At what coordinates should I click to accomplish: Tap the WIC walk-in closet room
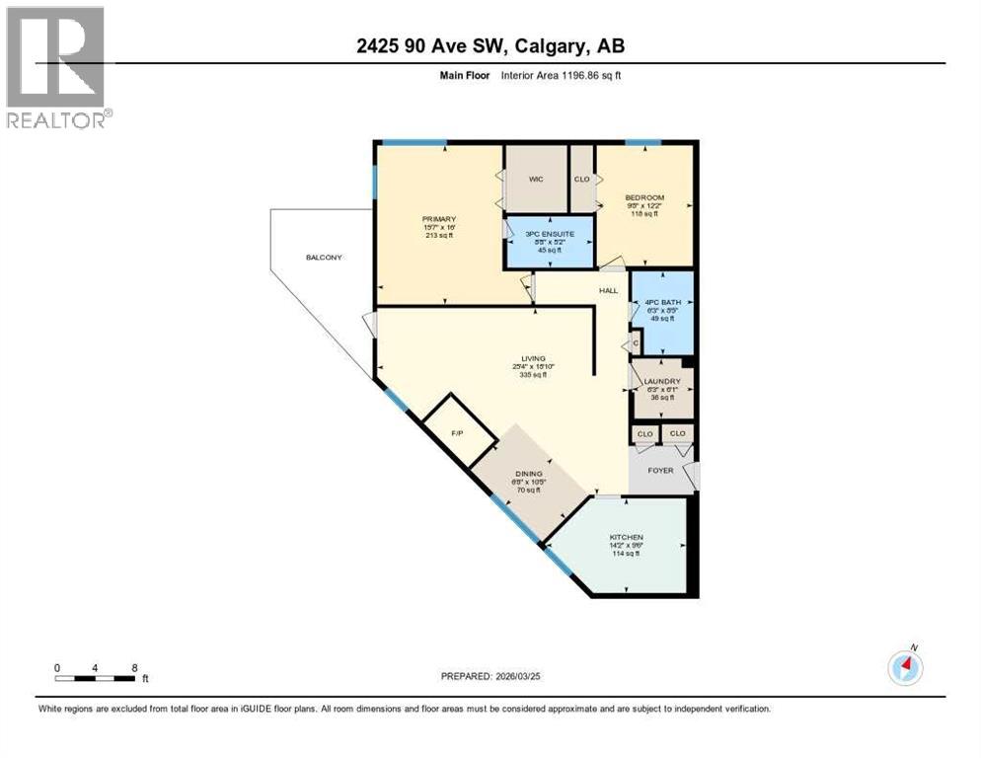coord(535,179)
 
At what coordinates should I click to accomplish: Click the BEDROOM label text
coord(645,197)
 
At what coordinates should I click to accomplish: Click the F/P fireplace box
coord(458,431)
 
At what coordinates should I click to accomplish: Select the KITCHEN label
coord(626,537)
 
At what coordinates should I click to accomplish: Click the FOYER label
coord(660,470)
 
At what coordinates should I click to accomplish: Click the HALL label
coord(608,290)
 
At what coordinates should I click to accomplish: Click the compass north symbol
coord(904,667)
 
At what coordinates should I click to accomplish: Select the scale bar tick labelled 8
coord(133,668)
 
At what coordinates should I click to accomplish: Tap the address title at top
coord(490,45)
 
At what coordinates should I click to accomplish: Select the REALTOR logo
coord(57,67)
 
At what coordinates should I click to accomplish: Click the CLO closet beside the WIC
coord(581,179)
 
